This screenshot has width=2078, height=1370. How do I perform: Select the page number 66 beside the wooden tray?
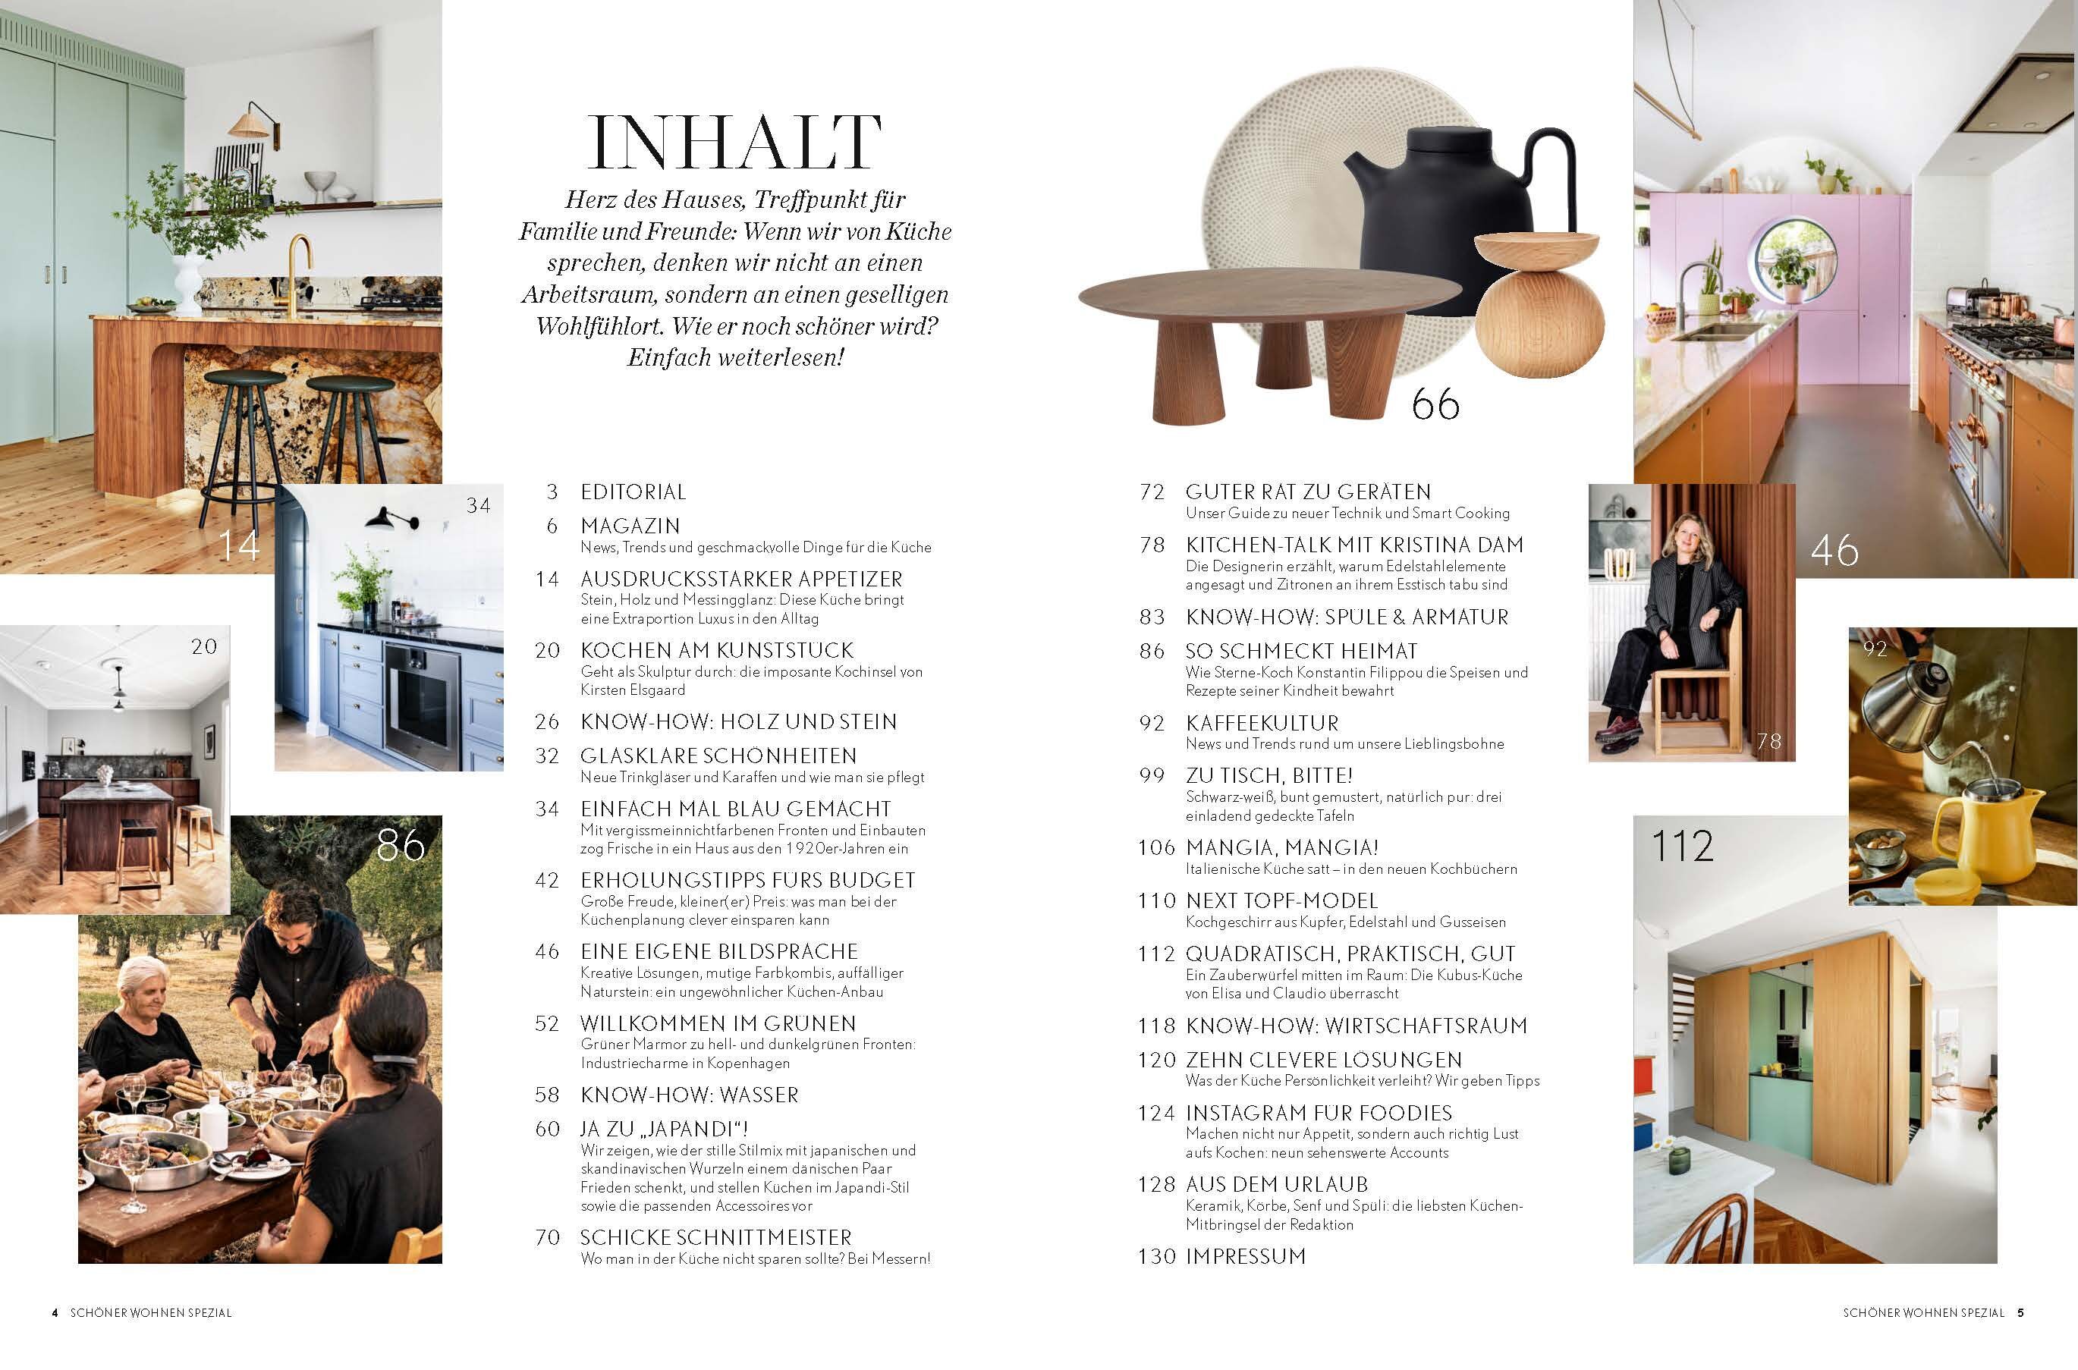pos(1435,404)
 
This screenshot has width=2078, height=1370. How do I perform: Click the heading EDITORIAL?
pos(633,492)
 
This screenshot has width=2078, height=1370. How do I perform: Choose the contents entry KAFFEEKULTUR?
pos(1262,723)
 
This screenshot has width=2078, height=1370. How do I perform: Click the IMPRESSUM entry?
pos(1245,1255)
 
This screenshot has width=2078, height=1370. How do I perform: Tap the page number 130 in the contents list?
pos(1156,1256)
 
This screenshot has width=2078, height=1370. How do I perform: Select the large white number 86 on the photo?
pos(401,844)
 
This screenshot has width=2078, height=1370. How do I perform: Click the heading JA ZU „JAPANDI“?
pos(664,1128)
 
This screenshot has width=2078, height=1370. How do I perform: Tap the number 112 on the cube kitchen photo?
pos(1682,846)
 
